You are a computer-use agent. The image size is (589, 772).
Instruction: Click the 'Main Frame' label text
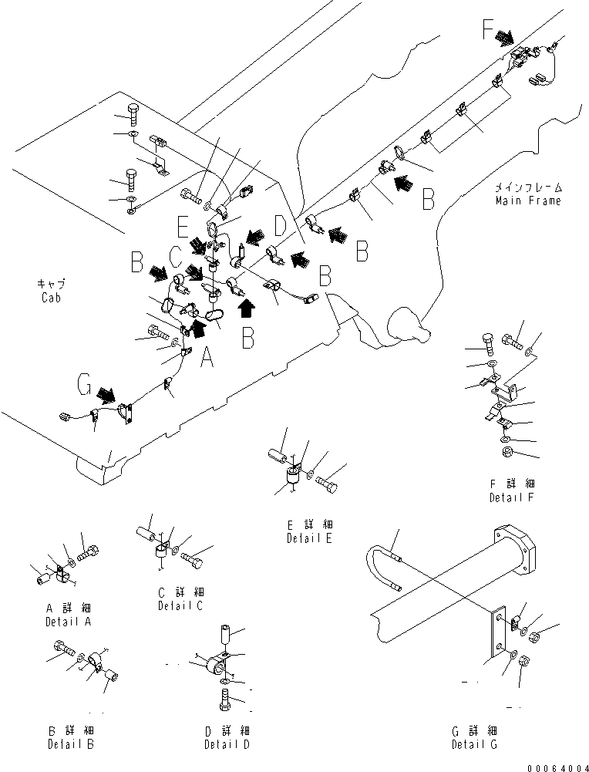(x=528, y=201)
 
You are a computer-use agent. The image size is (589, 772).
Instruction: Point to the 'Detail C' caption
(x=181, y=605)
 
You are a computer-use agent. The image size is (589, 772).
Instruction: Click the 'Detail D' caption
(x=227, y=744)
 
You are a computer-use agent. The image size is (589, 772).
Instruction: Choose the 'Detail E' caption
(x=308, y=538)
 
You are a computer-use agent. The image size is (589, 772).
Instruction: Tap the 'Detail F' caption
(x=512, y=497)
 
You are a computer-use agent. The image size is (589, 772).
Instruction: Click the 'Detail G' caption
(x=475, y=744)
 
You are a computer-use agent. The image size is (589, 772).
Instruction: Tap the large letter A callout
(x=206, y=356)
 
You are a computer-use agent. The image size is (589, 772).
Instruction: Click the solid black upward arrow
(x=246, y=308)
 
